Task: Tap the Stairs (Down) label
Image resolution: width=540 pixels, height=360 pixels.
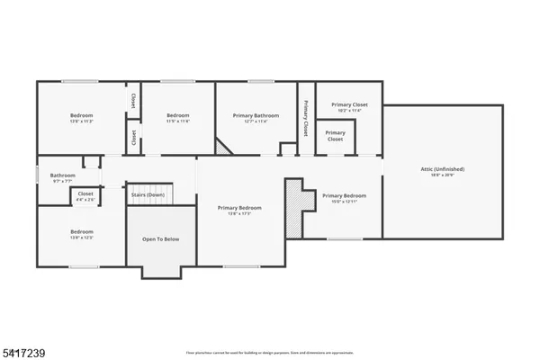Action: click(148, 194)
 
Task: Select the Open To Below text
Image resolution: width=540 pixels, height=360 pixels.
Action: click(161, 240)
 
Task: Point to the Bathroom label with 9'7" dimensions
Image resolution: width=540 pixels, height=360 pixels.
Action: click(62, 175)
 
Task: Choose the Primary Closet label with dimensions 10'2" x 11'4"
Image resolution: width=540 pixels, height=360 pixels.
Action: click(348, 106)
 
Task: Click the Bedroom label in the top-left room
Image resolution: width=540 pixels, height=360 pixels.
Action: click(83, 115)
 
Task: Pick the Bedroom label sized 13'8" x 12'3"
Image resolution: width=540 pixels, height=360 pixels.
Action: click(82, 232)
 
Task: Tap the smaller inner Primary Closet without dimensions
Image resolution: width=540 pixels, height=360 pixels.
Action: click(335, 137)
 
